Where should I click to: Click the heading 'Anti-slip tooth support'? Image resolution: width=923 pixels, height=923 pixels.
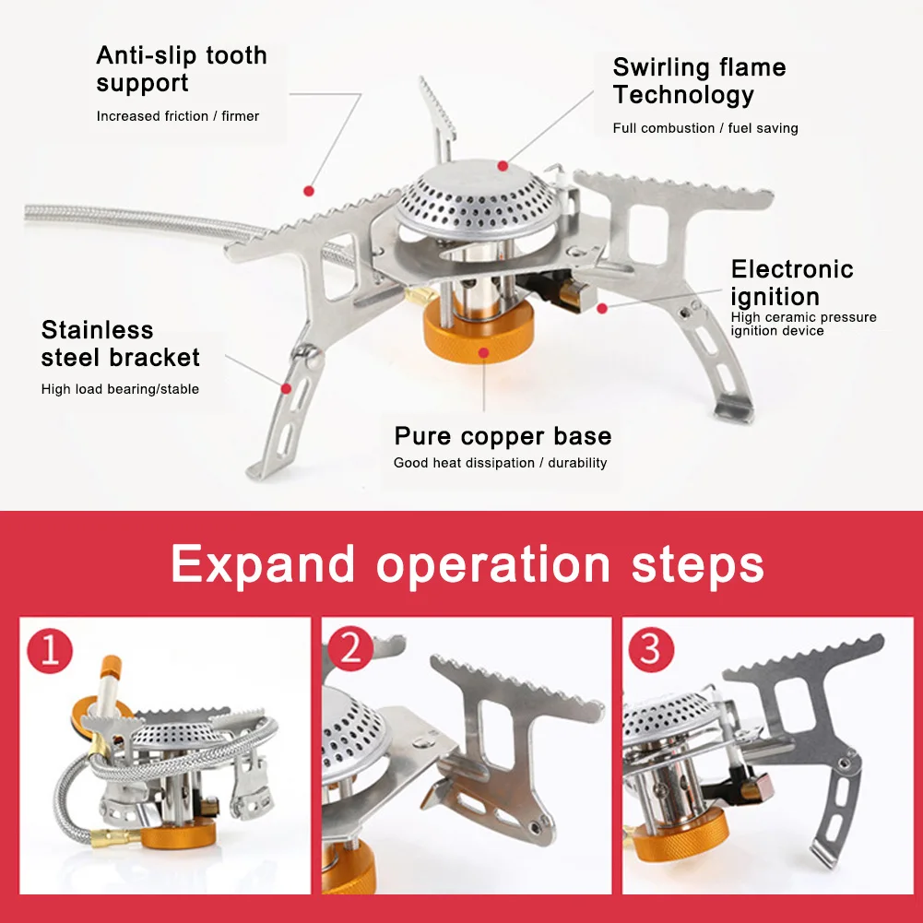pos(182,69)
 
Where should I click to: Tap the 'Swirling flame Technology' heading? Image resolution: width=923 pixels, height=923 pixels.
pos(699,81)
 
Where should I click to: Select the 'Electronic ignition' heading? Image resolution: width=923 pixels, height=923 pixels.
pos(791,283)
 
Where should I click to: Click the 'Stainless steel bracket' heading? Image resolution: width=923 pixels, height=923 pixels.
pos(120,343)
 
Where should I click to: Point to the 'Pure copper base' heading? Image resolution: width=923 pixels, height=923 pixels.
pos(503,436)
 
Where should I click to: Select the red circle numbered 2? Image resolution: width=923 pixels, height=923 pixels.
pos(350,650)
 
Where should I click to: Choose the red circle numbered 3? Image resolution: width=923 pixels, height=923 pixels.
pos(651,650)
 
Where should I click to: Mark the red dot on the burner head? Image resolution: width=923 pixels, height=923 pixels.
pos(503,166)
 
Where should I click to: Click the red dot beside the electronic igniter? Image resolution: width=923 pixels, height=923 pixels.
pos(602,308)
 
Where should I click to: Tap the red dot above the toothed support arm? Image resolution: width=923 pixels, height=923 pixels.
pos(309,191)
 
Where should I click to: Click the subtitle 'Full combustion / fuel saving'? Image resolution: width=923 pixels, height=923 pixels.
pos(705,128)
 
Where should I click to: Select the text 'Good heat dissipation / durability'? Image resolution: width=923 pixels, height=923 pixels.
pos(500,463)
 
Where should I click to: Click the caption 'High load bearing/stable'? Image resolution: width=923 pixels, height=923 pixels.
pos(120,389)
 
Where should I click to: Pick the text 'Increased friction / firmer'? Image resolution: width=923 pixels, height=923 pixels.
pos(178,116)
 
